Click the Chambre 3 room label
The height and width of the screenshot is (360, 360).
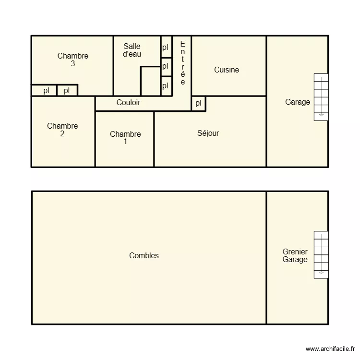[x=73, y=60]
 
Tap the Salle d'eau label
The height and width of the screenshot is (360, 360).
[x=132, y=50]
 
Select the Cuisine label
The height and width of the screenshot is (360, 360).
[x=227, y=70]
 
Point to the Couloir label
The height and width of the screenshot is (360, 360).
[x=129, y=103]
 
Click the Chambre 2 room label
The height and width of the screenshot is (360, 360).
[x=62, y=130]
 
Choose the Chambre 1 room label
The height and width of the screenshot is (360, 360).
[x=125, y=138]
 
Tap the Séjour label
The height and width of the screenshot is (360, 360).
[x=208, y=133]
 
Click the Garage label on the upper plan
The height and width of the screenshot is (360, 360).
[x=298, y=102]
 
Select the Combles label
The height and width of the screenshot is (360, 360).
[x=144, y=256]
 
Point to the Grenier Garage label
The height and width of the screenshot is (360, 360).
[x=295, y=256]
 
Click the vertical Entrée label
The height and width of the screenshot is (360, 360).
[x=182, y=63]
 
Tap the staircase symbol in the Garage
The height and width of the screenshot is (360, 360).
[x=321, y=96]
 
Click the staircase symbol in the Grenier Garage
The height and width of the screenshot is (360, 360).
[x=321, y=254]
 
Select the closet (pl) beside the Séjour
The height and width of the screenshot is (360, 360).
[x=198, y=103]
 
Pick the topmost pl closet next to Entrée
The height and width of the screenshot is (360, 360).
[x=166, y=48]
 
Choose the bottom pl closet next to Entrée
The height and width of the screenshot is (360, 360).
[x=166, y=86]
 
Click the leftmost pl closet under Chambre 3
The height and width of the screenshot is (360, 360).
[x=46, y=90]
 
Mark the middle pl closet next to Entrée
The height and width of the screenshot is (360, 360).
[x=166, y=66]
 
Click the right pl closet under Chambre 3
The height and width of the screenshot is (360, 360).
[x=67, y=90]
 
